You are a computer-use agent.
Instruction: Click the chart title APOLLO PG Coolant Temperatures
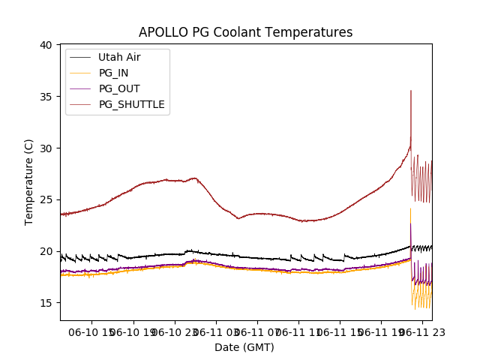(x=245, y=32)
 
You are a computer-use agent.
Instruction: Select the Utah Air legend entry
(x=118, y=57)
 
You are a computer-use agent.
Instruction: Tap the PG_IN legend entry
(x=113, y=73)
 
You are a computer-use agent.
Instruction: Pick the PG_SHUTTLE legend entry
(x=131, y=104)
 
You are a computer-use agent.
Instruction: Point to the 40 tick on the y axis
(x=46, y=45)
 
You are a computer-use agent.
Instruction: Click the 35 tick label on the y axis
(x=46, y=97)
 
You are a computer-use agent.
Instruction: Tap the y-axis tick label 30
(x=46, y=148)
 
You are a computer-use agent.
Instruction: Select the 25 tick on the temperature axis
(x=46, y=199)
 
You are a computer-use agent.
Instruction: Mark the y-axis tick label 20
(x=46, y=251)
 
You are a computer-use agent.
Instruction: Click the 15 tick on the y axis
(x=46, y=302)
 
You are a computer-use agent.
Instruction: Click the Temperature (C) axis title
(x=29, y=182)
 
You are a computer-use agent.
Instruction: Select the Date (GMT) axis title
(x=244, y=347)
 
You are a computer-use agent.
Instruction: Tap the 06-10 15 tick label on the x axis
(x=91, y=330)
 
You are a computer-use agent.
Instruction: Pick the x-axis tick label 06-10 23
(x=175, y=330)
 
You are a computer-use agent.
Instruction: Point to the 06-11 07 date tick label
(x=257, y=330)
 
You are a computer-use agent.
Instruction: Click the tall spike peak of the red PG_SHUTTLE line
(x=411, y=91)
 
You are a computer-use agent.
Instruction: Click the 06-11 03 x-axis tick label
(x=216, y=330)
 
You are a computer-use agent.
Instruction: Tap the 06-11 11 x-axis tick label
(x=298, y=330)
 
